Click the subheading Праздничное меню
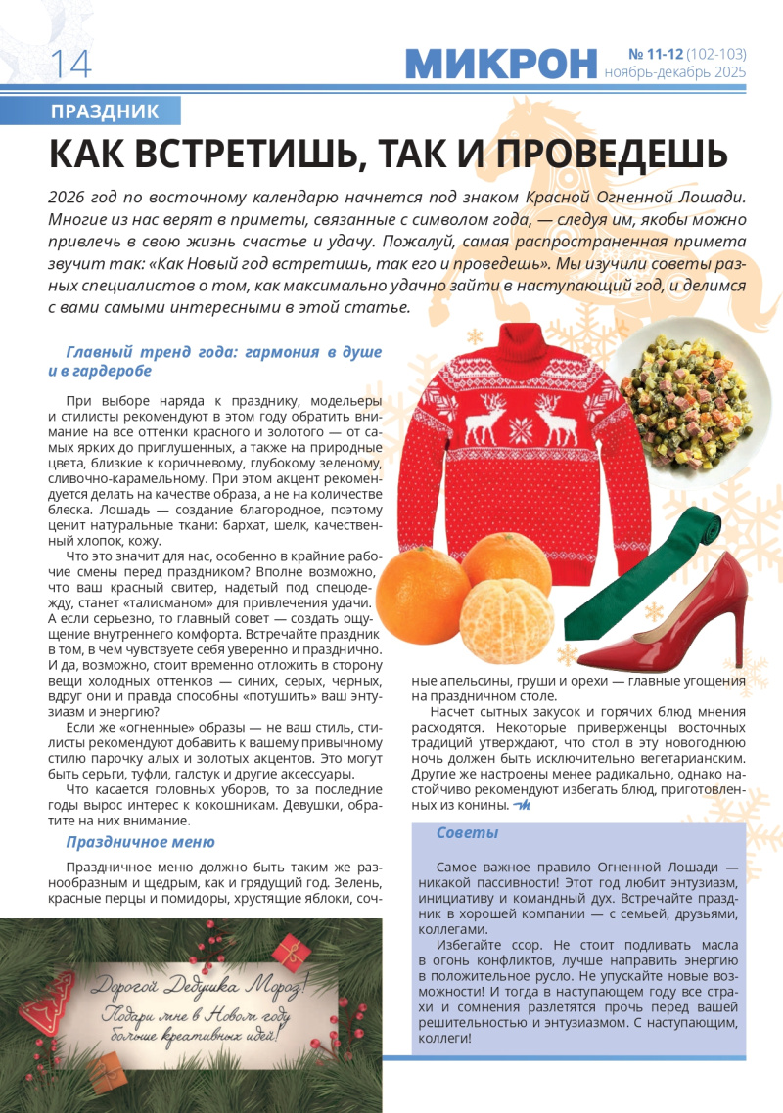(x=140, y=841)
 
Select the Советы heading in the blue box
(x=467, y=833)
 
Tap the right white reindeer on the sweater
(x=562, y=421)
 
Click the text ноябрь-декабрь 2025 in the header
(x=674, y=72)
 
